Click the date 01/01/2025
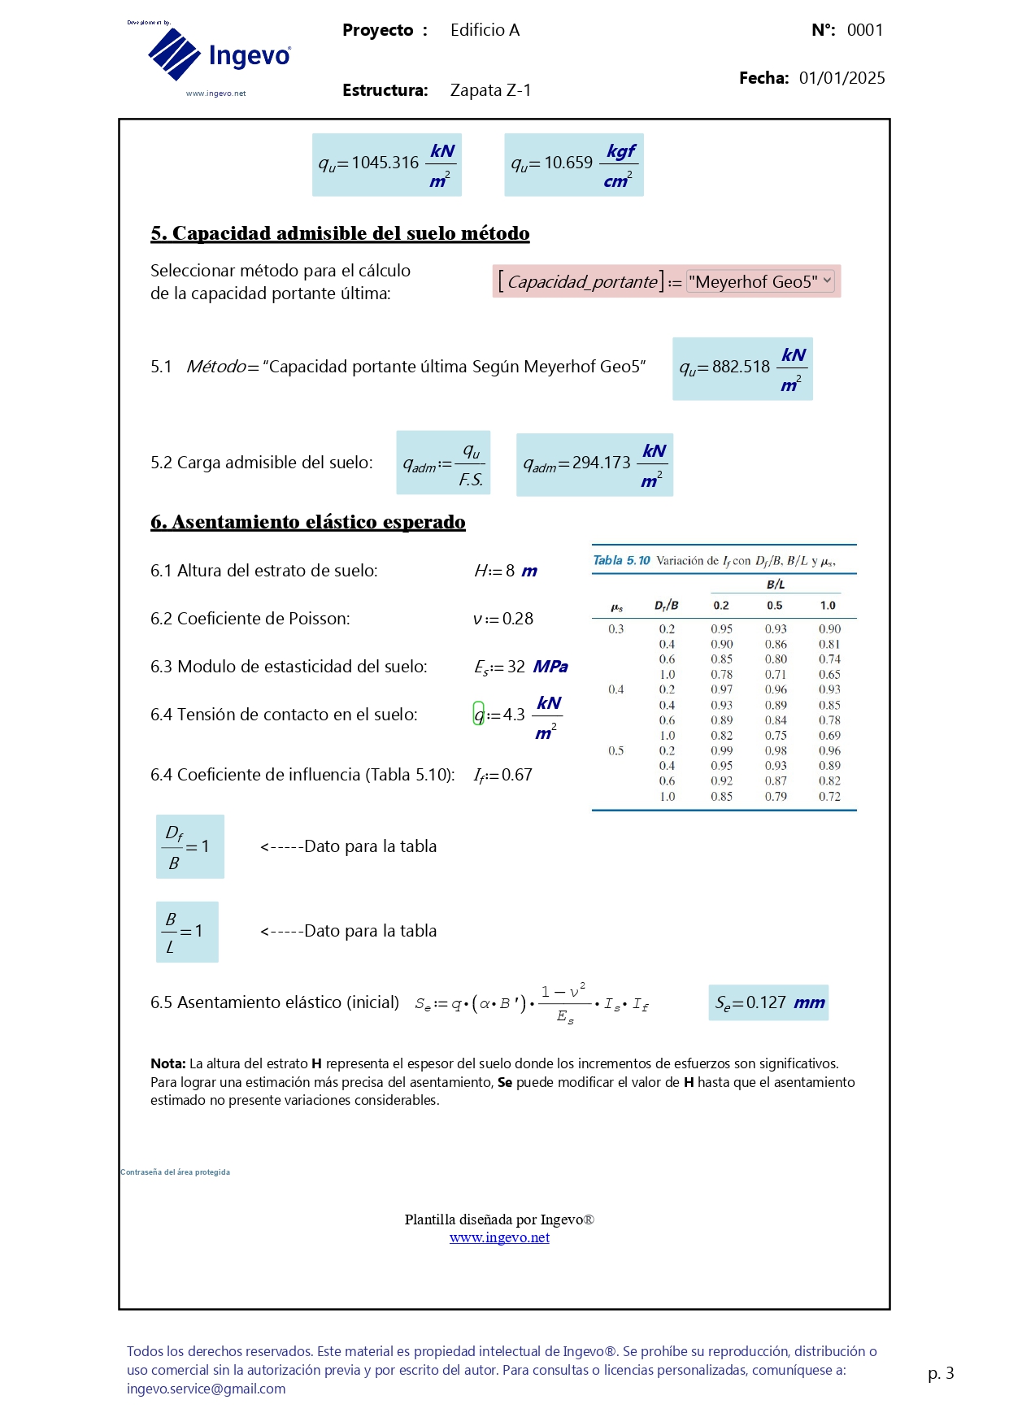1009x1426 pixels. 842,78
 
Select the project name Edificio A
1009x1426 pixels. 485,30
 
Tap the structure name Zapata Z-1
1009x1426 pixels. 490,90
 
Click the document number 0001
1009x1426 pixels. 864,30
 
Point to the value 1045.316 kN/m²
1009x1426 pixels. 387,164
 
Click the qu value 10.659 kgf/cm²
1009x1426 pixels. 573,164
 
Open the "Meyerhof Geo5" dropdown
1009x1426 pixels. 759,281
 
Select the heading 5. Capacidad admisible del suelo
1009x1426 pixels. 340,233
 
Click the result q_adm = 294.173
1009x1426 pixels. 594,464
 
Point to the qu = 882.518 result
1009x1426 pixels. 742,368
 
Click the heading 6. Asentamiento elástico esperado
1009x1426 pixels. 307,522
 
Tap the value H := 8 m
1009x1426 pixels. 506,571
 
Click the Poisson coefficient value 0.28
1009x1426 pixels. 504,619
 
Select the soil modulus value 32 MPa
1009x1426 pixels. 521,667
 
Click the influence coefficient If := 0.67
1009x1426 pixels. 503,775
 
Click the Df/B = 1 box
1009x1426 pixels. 189,846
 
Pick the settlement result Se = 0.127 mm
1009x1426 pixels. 768,1002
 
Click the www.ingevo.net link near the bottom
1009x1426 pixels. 499,1237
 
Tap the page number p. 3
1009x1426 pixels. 940,1373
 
